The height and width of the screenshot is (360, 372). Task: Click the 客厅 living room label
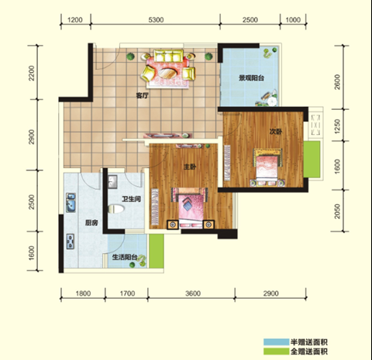click(143, 95)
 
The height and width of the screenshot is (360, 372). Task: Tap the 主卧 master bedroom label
click(190, 167)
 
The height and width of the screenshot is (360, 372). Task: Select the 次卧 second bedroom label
click(276, 132)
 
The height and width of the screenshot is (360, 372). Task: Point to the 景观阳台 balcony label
click(251, 78)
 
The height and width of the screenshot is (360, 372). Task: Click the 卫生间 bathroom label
click(132, 199)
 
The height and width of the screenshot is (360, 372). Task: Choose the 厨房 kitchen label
click(91, 222)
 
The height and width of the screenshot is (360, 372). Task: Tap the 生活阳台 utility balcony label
click(125, 257)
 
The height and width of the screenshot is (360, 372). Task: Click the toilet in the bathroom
click(116, 209)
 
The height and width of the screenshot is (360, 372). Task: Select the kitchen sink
click(71, 203)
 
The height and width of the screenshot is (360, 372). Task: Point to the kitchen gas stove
click(71, 242)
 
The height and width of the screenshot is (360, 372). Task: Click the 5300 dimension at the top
click(156, 20)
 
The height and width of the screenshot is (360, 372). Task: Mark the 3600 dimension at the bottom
click(193, 293)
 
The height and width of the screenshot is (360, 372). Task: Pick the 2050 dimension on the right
click(337, 211)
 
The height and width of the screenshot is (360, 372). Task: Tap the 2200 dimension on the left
click(32, 73)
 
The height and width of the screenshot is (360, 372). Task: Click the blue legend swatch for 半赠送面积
click(276, 342)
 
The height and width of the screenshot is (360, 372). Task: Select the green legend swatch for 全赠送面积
click(276, 351)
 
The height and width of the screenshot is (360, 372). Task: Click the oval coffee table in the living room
click(167, 73)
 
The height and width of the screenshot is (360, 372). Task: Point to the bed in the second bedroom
click(267, 167)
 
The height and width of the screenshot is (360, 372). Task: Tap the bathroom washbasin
click(112, 180)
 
